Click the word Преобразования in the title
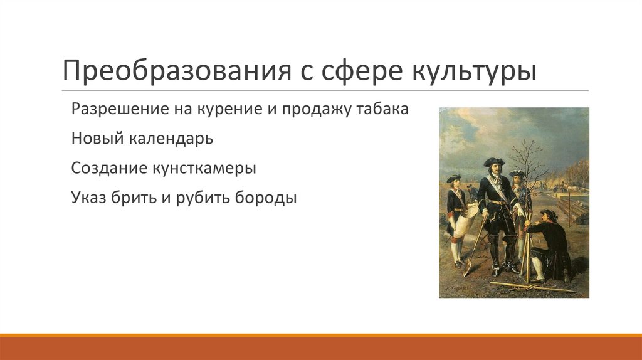177,71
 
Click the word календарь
171,139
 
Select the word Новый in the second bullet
97,139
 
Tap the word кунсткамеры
204,168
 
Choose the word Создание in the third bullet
108,168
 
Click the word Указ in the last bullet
88,198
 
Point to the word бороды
266,198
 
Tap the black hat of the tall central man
494,161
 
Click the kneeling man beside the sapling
547,245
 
